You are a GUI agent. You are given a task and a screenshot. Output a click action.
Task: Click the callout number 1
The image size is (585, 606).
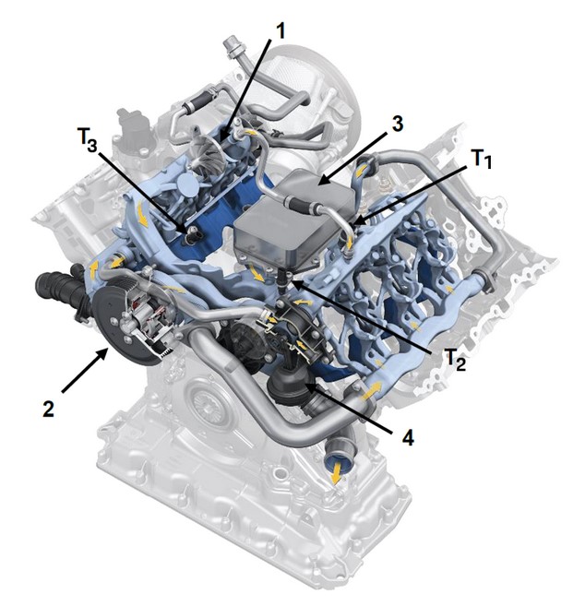281,30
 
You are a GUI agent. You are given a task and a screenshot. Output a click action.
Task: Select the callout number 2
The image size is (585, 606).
48,408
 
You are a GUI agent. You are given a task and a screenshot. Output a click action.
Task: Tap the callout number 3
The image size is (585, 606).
397,124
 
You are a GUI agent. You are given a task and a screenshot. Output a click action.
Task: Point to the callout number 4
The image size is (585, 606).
408,437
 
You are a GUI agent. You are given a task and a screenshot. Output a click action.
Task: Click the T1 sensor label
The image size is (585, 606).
482,159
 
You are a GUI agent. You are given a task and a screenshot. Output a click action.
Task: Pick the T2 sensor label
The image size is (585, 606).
455,360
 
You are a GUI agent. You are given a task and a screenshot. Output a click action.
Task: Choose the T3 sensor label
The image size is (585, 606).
88,139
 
